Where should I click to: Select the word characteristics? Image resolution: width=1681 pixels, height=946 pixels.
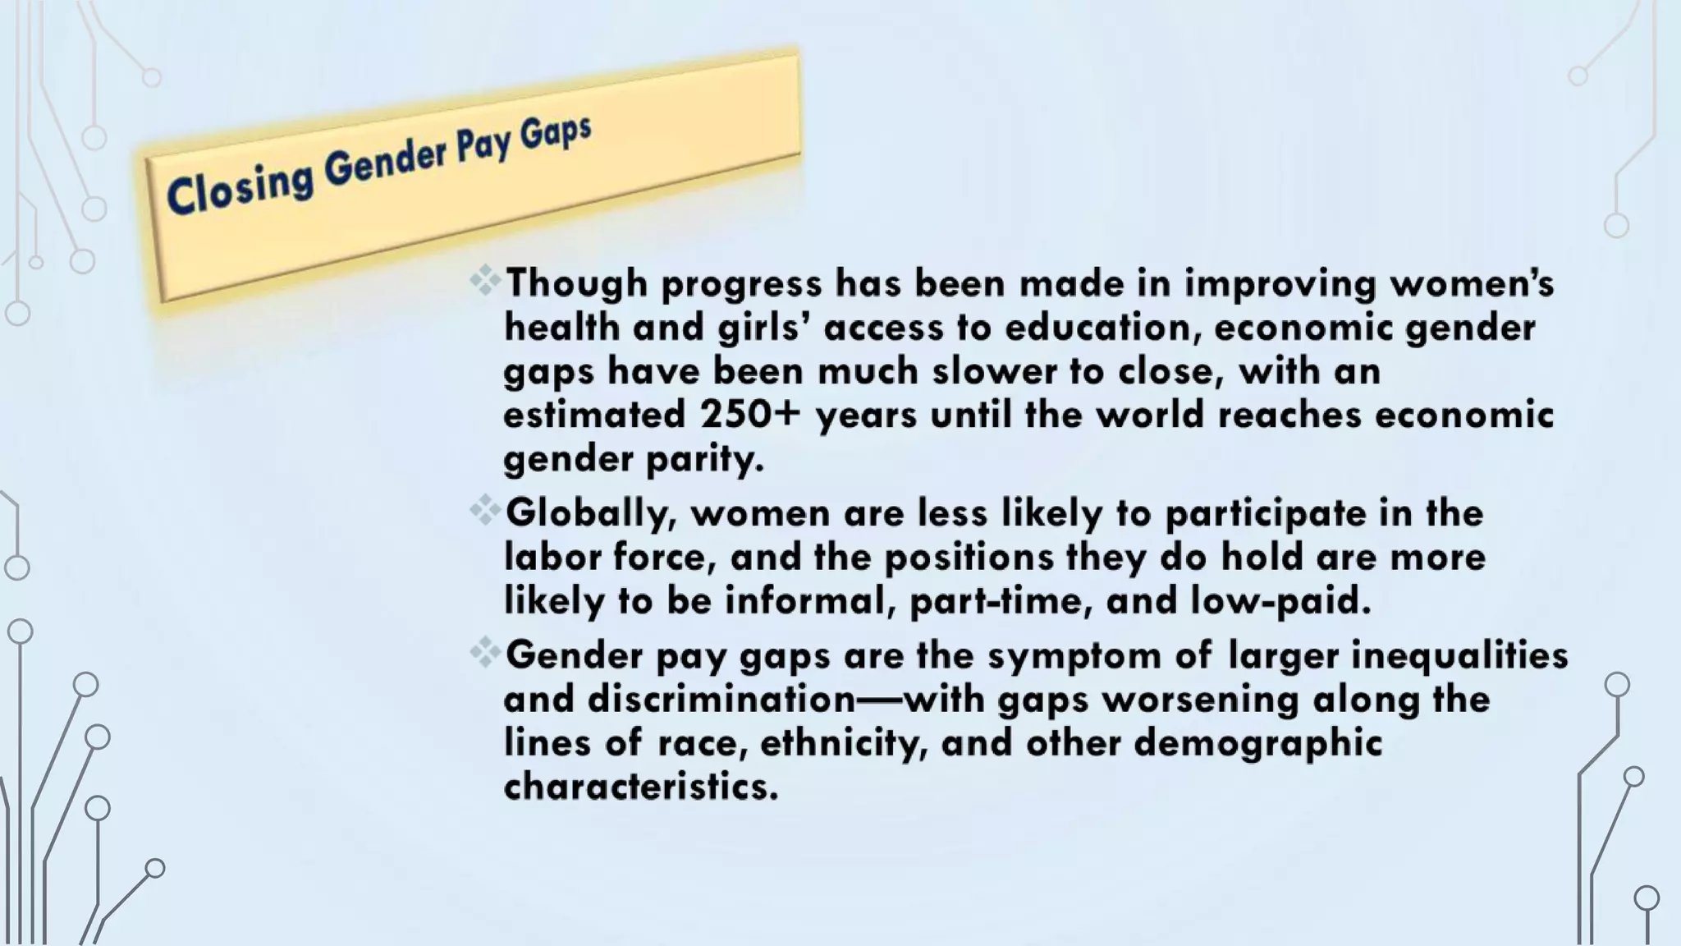[x=640, y=788]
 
